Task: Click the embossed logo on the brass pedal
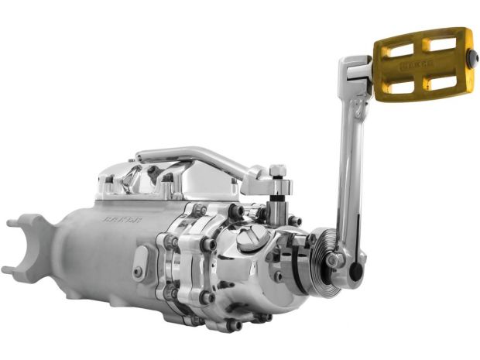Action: (x=417, y=67)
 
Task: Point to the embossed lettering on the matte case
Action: (x=118, y=219)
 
